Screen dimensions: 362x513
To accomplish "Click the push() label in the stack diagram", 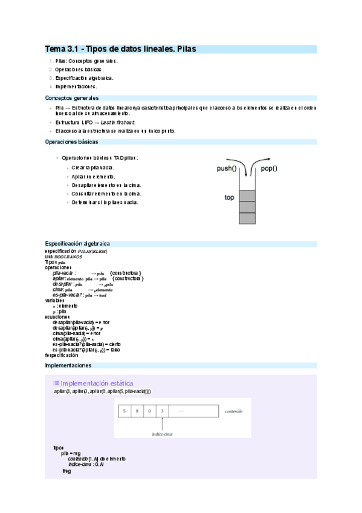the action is tap(226, 169).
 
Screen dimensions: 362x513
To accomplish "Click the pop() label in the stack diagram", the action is tap(269, 169).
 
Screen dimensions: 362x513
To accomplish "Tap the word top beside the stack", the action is tap(229, 197).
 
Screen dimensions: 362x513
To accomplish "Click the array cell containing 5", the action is tap(124, 411).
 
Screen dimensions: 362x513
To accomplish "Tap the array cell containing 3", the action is tap(164, 411).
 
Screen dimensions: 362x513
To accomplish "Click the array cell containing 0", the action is tap(150, 411).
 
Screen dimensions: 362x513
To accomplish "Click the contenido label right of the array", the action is tap(233, 411).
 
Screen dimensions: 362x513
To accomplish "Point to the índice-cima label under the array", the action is tap(163, 434).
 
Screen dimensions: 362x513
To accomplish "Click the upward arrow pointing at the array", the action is tap(163, 423).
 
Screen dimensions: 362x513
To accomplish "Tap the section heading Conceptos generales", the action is tap(72, 97).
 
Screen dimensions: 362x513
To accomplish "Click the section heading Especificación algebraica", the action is tap(77, 243).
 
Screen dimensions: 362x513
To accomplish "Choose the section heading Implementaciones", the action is tap(68, 366).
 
